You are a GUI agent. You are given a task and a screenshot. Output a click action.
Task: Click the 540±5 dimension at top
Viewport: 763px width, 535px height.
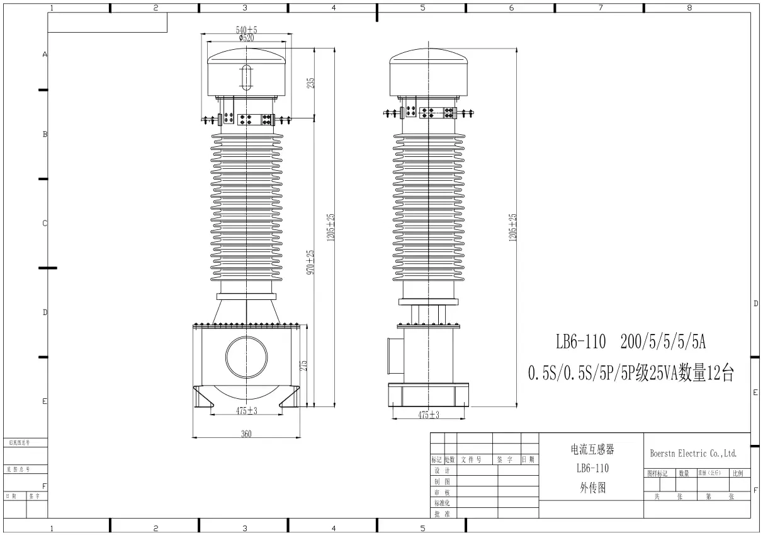click(246, 30)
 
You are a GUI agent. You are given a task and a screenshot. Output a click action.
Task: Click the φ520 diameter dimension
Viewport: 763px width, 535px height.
click(246, 38)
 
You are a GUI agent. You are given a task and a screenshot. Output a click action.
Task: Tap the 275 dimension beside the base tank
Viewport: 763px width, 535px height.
click(303, 366)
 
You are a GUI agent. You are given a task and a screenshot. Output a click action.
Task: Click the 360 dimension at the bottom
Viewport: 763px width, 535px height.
click(246, 434)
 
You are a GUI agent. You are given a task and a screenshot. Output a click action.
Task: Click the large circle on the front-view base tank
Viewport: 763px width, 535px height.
click(246, 357)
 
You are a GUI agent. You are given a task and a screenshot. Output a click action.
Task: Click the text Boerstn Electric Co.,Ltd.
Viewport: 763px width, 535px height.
click(692, 453)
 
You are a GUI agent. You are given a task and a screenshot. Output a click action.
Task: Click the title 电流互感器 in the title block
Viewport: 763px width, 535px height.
click(592, 450)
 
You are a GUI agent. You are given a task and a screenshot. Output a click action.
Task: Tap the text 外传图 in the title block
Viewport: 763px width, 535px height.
click(592, 487)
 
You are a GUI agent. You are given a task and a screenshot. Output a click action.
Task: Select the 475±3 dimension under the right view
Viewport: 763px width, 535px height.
click(429, 415)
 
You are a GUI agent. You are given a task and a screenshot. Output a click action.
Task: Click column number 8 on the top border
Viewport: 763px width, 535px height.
click(689, 8)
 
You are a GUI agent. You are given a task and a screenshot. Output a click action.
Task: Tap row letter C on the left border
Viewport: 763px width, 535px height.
click(45, 223)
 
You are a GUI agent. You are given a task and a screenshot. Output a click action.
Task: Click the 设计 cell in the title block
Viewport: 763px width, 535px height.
click(442, 471)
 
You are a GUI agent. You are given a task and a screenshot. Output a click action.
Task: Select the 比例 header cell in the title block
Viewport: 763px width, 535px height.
click(737, 473)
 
